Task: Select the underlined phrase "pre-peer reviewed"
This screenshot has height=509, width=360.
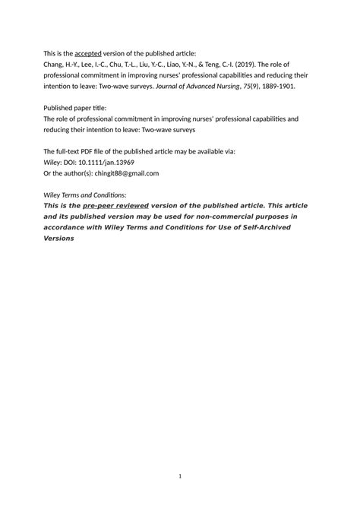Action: (115, 206)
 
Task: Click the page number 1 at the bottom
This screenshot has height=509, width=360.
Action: (180, 476)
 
